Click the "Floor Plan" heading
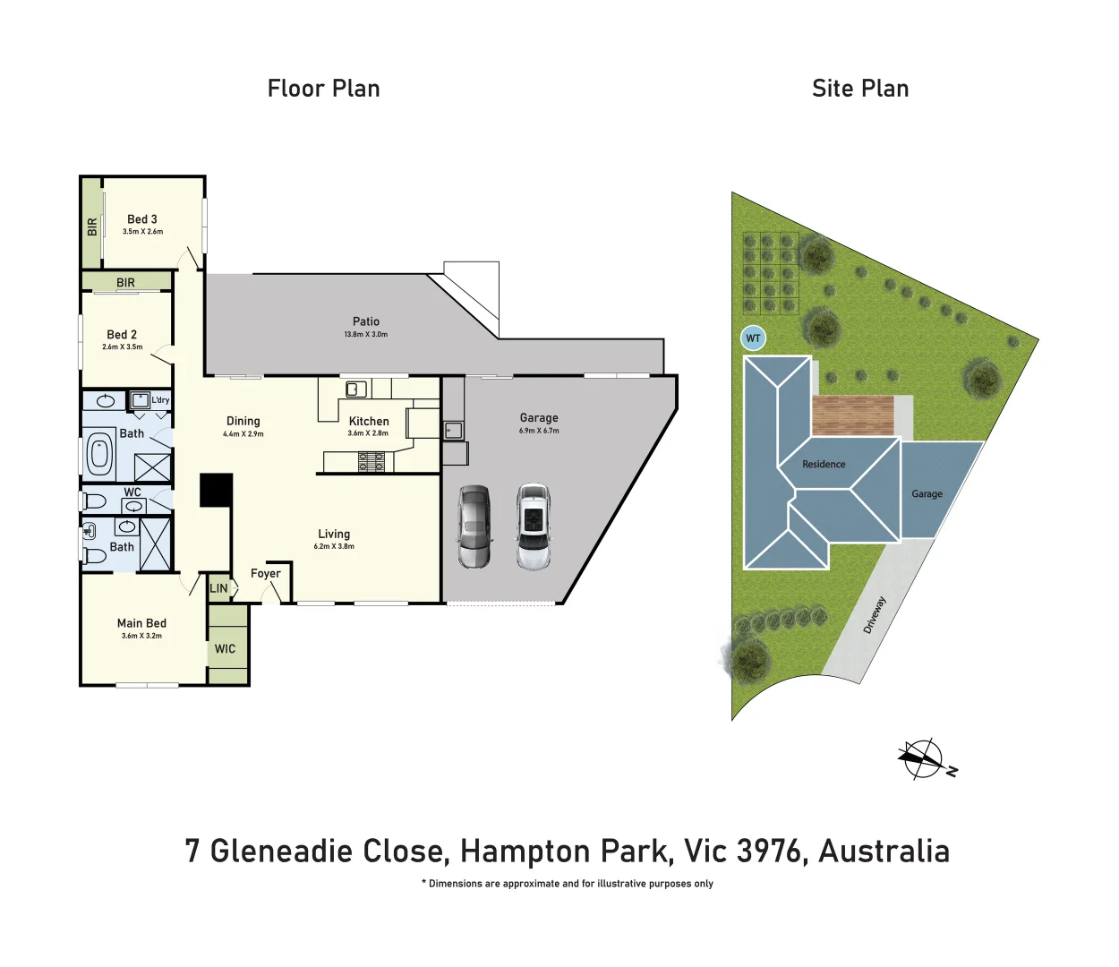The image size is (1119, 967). (323, 89)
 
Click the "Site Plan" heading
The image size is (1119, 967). (859, 89)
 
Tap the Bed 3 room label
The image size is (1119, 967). (142, 219)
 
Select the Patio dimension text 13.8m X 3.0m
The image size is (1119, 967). (365, 335)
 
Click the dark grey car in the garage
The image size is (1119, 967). (474, 527)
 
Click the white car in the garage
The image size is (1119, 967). (534, 527)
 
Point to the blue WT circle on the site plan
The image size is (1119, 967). (753, 338)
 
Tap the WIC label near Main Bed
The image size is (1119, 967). (226, 649)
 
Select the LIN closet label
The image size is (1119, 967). (218, 588)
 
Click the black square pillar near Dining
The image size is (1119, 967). (216, 490)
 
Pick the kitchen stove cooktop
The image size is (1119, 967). (372, 462)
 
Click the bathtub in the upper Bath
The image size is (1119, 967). (98, 455)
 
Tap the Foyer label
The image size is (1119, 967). (266, 574)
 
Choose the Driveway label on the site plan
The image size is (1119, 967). (874, 615)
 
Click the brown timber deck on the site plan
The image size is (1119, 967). (852, 415)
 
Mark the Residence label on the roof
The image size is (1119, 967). (824, 465)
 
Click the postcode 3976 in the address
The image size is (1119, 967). (768, 851)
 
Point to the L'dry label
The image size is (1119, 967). (160, 400)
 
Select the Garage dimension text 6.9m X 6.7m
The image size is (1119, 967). (539, 431)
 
